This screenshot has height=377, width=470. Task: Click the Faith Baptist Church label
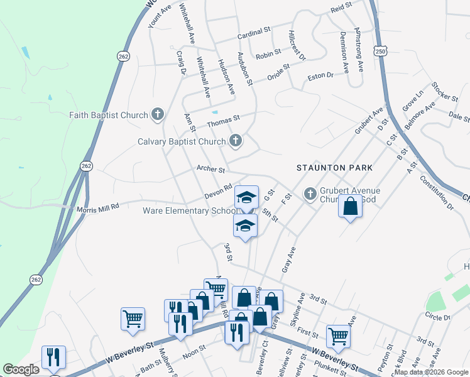tap(109, 115)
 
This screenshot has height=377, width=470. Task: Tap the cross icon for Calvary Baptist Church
tap(236, 141)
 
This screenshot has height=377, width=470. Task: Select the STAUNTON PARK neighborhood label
tap(335, 168)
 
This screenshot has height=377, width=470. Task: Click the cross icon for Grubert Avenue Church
tap(310, 194)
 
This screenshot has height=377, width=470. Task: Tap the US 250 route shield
tap(379, 50)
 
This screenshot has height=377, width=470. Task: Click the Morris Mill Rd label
tap(97, 208)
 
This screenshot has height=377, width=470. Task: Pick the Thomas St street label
tap(224, 118)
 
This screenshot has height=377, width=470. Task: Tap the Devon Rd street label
tap(219, 191)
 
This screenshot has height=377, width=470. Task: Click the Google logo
tap(21, 369)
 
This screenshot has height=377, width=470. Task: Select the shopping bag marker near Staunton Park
tap(351, 205)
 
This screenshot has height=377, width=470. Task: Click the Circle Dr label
tap(438, 316)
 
